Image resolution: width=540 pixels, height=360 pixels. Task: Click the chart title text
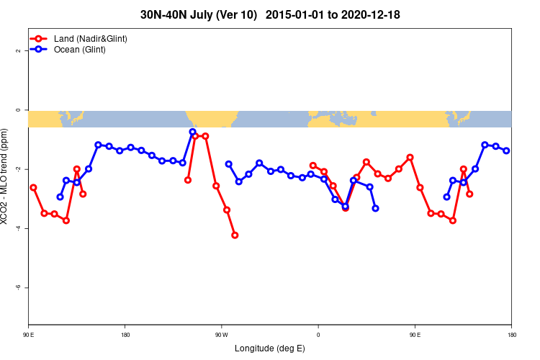click(270, 14)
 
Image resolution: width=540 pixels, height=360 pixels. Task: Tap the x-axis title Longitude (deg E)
click(270, 348)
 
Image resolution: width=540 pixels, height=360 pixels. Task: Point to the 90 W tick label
click(221, 335)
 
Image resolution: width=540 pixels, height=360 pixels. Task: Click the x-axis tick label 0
click(318, 335)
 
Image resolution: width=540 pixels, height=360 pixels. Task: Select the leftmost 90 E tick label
click(28, 335)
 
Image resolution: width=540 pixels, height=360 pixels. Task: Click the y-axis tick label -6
click(17, 287)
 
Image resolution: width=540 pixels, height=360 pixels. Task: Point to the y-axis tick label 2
click(17, 51)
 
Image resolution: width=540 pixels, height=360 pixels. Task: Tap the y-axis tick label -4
click(17, 228)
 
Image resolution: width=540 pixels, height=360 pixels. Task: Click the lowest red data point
click(235, 235)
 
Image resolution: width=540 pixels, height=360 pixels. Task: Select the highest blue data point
click(192, 132)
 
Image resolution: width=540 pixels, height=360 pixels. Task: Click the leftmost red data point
click(33, 187)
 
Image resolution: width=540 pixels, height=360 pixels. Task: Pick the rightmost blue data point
click(506, 150)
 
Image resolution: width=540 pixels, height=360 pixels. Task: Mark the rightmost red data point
click(469, 194)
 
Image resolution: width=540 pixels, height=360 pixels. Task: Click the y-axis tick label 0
click(17, 110)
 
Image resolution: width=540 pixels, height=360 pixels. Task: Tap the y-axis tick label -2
click(17, 169)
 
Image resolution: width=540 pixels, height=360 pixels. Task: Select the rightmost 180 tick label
click(511, 335)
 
